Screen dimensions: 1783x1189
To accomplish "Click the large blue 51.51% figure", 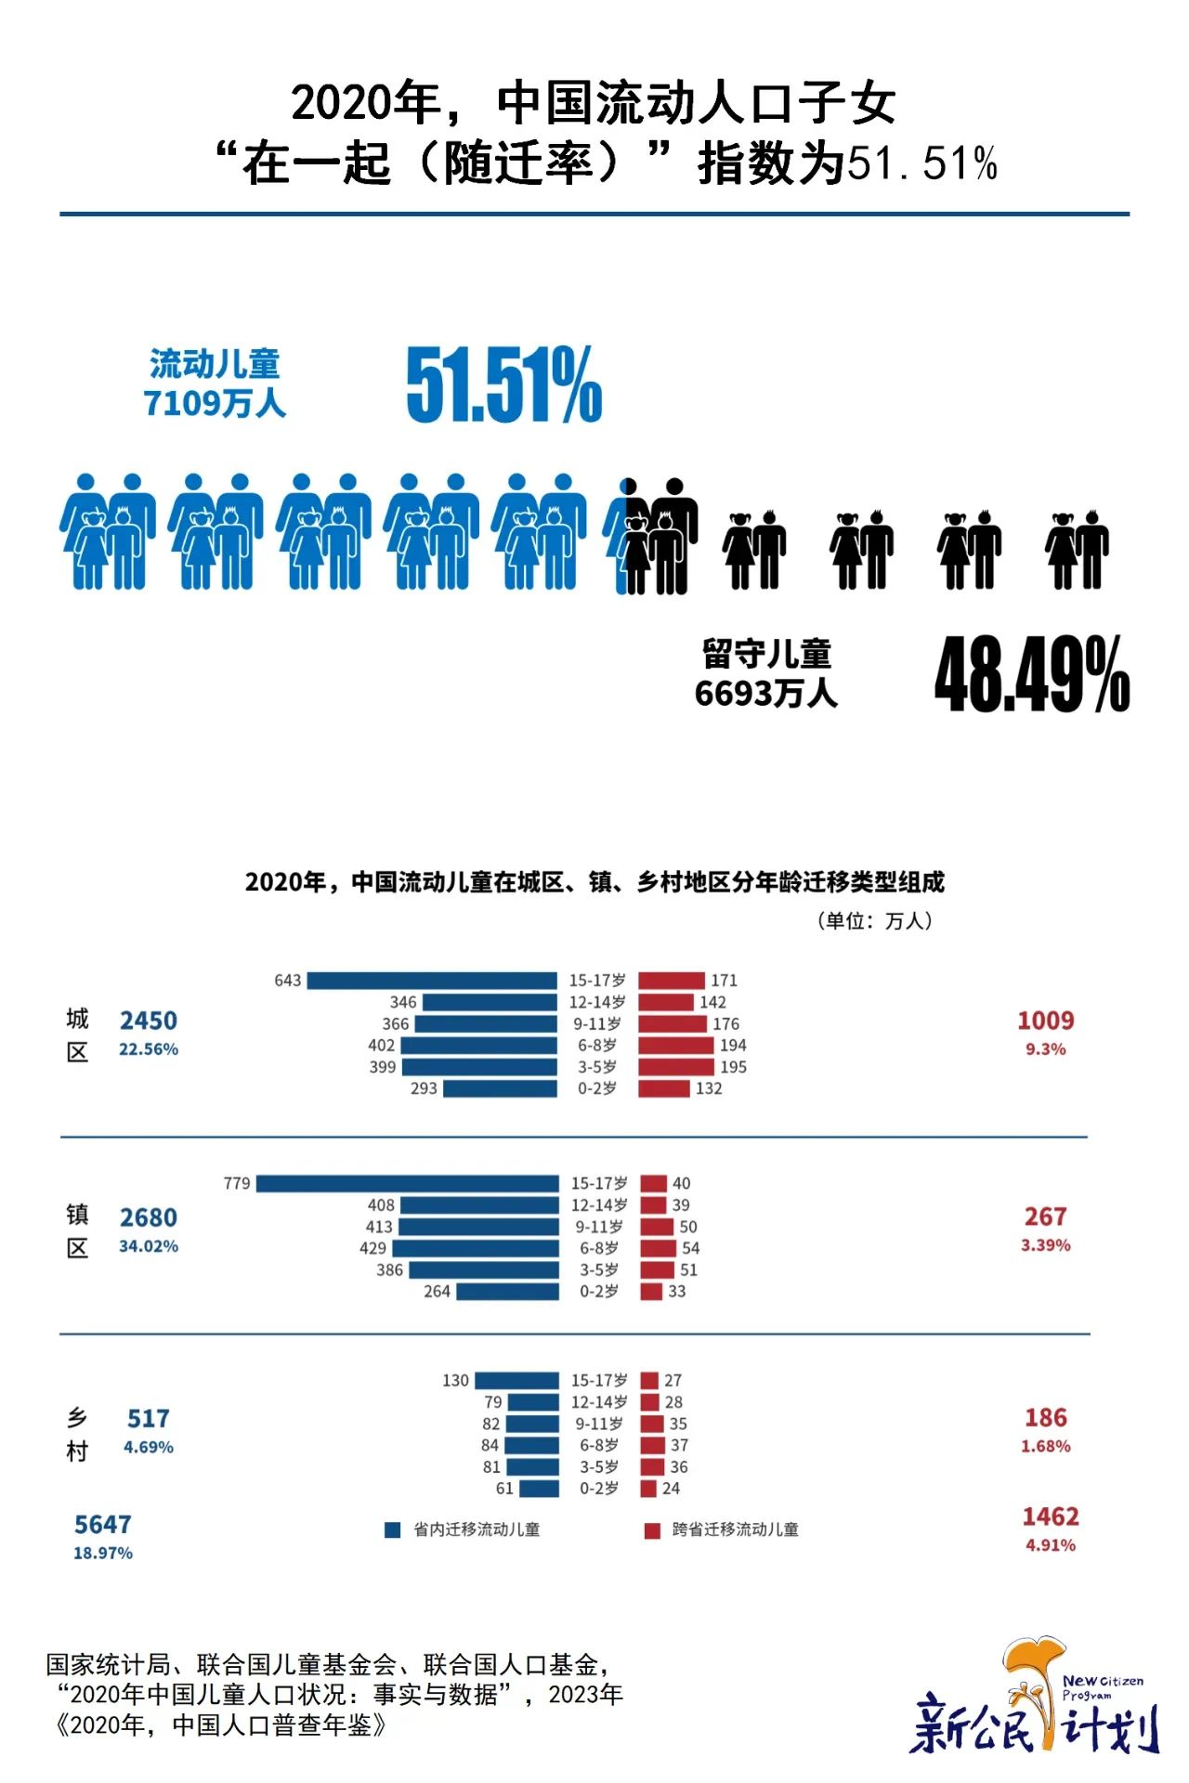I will [x=504, y=384].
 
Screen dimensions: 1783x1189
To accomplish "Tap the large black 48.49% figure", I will [x=1031, y=674].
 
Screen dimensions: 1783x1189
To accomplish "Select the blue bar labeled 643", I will [x=432, y=981].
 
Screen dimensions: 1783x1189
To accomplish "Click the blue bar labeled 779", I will [x=407, y=1184].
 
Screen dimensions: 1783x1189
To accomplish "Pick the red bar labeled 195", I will [x=676, y=1067].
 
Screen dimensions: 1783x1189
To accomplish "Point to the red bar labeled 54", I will [x=658, y=1248].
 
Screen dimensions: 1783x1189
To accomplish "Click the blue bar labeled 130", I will [x=516, y=1381].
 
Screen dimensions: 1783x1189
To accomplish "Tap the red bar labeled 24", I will [x=648, y=1489].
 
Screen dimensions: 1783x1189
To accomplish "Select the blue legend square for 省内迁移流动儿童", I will [x=393, y=1529].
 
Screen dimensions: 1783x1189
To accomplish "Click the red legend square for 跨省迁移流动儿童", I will [x=652, y=1529].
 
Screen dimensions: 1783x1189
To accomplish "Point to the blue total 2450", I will [x=149, y=1021].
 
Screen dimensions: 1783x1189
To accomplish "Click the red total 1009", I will [x=1045, y=1021].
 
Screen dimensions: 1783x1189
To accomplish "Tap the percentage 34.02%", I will [x=149, y=1246].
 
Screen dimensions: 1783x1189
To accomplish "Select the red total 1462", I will [x=1051, y=1516].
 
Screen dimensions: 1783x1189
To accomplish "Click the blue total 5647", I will [x=103, y=1524].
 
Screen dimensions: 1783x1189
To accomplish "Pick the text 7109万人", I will [x=215, y=404].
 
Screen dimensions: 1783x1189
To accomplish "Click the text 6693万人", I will [x=766, y=694].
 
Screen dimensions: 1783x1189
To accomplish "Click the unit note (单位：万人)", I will [x=874, y=920].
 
